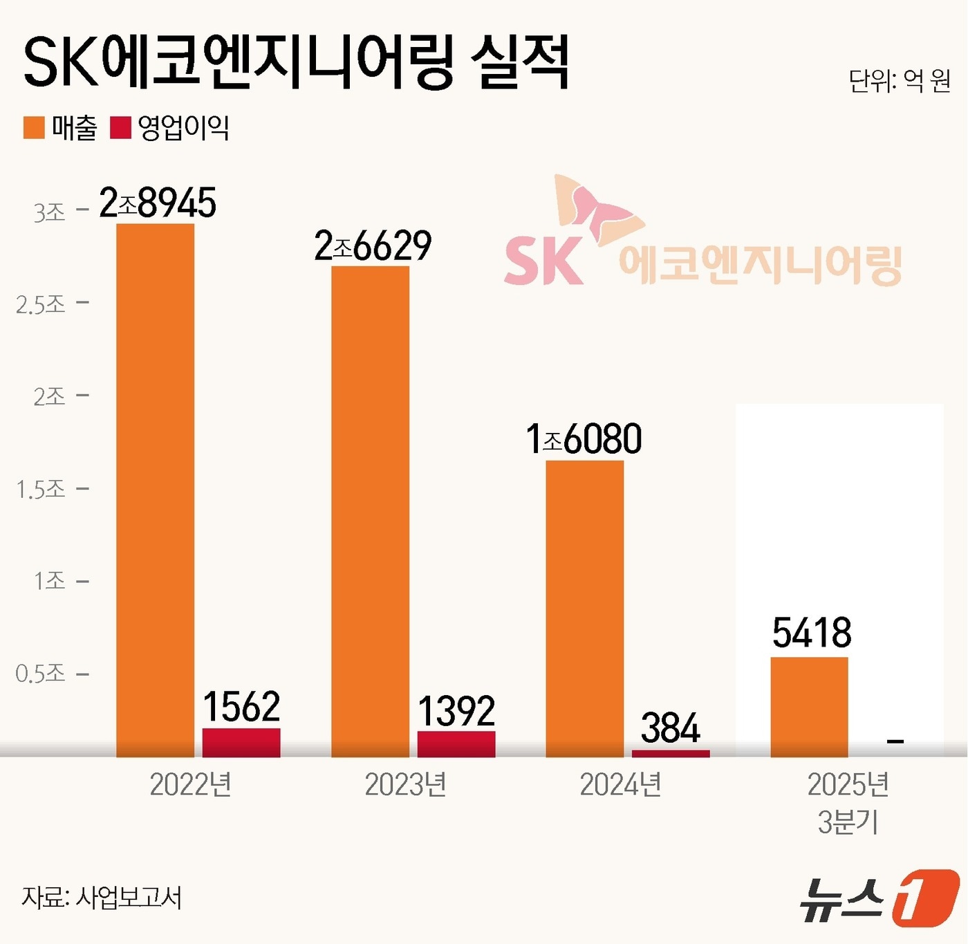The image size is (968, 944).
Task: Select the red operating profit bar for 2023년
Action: click(456, 743)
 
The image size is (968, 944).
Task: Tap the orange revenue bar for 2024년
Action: click(584, 609)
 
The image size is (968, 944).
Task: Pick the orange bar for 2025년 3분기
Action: click(809, 707)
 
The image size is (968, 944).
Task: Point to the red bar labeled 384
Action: click(670, 753)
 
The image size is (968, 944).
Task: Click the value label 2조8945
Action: click(158, 203)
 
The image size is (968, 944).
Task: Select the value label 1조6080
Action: click(584, 439)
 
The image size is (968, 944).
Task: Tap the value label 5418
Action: click(812, 633)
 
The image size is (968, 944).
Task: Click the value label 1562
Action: click(241, 707)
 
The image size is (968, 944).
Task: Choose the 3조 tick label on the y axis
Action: click(50, 212)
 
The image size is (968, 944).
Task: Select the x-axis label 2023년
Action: click(405, 785)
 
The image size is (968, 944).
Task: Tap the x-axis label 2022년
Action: click(191, 785)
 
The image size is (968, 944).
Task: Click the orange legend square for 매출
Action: click(34, 128)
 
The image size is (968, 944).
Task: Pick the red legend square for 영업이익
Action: click(120, 128)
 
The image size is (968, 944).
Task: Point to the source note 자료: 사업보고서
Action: click(102, 898)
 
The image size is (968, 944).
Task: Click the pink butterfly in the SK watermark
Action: click(599, 207)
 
